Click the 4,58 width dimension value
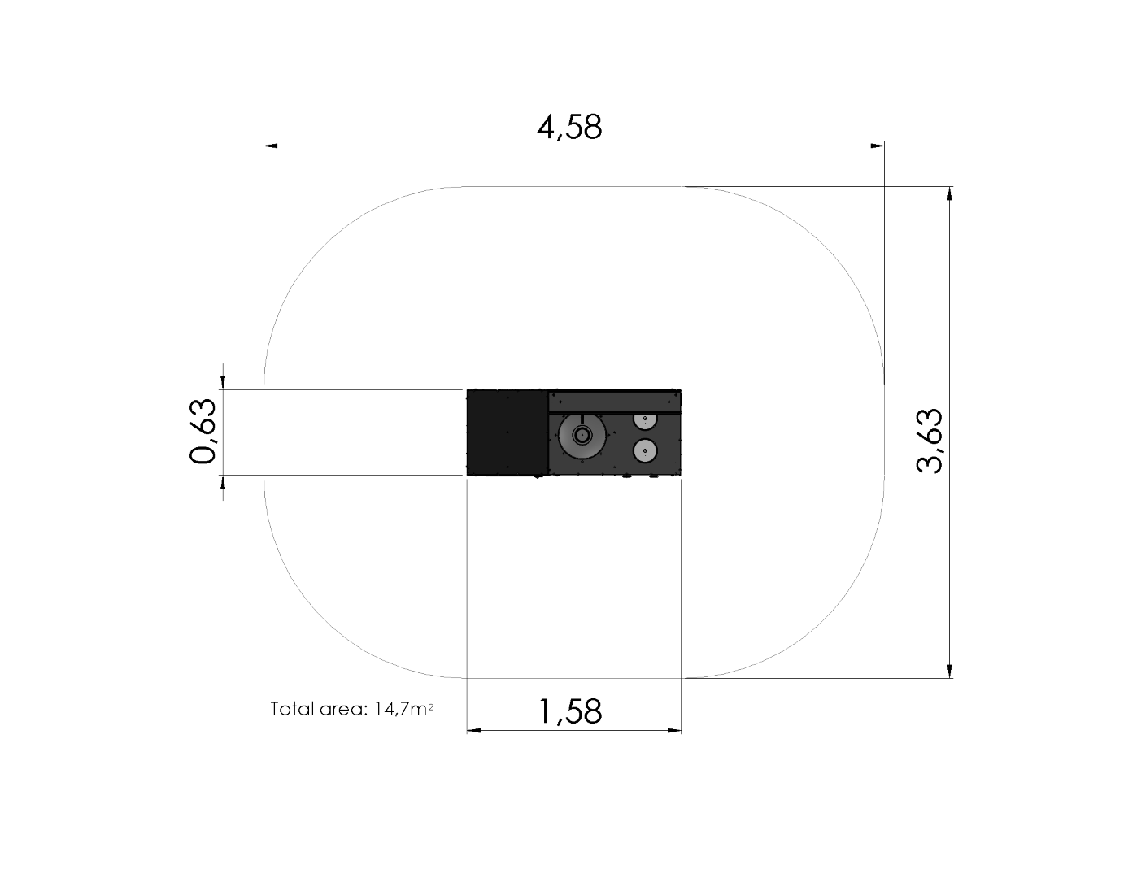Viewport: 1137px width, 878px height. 569,128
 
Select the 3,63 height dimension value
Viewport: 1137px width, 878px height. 930,441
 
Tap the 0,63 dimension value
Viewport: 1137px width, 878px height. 202,432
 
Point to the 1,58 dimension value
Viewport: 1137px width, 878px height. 570,711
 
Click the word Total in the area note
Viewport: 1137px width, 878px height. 292,709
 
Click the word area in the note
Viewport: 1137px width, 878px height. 345,710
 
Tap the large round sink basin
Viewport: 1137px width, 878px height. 582,435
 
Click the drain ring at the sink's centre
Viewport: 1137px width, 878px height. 582,435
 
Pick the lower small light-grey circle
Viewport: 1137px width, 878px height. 645,450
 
